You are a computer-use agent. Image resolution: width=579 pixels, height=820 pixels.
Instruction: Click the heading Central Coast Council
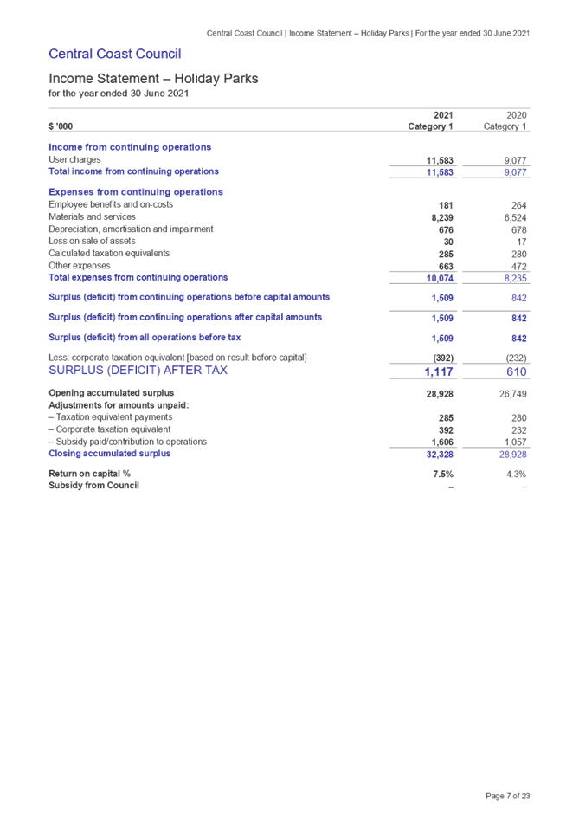(x=114, y=55)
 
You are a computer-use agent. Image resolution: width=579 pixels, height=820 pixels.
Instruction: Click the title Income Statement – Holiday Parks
(x=153, y=79)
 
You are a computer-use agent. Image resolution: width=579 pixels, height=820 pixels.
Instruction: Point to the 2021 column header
(x=442, y=115)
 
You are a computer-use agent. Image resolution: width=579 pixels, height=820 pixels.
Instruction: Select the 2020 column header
(x=518, y=115)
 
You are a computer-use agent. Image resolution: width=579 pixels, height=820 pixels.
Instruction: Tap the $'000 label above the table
(x=61, y=127)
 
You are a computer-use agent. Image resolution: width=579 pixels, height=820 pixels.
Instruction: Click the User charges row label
(x=74, y=159)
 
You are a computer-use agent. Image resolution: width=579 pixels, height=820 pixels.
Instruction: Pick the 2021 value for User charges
(x=441, y=161)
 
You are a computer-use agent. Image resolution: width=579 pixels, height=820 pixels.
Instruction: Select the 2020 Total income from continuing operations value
(x=516, y=173)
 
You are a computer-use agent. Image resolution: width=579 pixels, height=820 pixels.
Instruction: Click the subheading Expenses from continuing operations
(x=136, y=192)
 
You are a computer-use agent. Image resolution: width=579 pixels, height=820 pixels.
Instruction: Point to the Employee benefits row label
(x=111, y=204)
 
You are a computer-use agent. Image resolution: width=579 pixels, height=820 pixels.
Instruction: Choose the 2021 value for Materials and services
(x=442, y=217)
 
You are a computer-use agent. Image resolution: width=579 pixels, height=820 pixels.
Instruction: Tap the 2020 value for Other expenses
(x=518, y=267)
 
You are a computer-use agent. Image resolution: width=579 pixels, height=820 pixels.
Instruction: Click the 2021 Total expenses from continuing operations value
(x=441, y=279)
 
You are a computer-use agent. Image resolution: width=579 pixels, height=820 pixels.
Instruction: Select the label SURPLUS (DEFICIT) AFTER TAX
(x=138, y=371)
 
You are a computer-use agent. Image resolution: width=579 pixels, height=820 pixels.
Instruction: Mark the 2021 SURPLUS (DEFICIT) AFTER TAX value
(x=440, y=372)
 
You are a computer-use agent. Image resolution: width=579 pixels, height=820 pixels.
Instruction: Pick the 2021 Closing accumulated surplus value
(x=440, y=454)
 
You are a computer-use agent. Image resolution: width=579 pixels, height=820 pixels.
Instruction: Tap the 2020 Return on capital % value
(x=518, y=475)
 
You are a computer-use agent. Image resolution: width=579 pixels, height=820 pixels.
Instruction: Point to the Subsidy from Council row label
(x=93, y=486)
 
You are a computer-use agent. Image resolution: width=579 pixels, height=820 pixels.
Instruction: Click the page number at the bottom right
(x=508, y=796)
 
